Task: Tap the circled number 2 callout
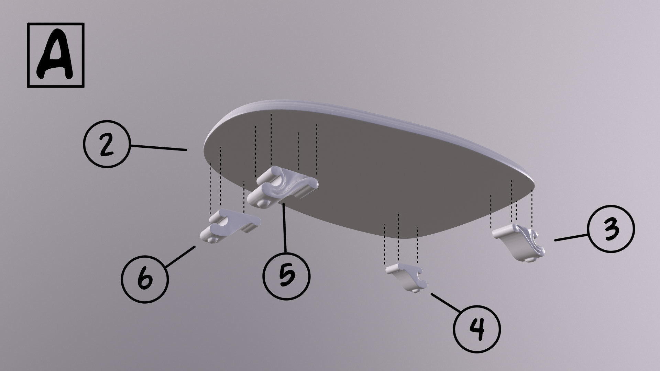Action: coord(106,144)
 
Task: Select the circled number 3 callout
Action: coord(611,229)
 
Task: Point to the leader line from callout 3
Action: coord(571,238)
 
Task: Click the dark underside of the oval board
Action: coord(378,172)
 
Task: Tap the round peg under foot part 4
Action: coord(415,291)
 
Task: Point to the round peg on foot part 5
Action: coord(264,203)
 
